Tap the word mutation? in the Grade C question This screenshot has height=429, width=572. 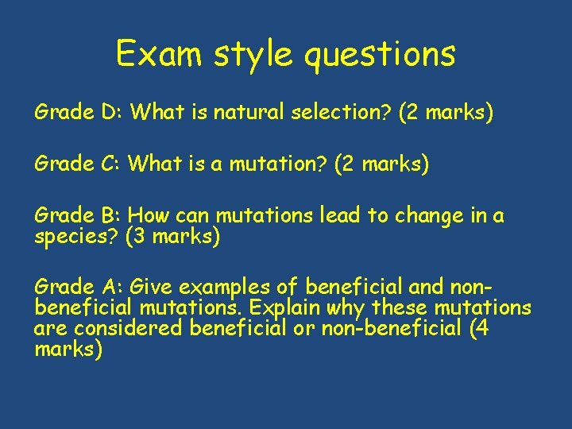point(272,164)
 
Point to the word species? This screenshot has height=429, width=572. point(76,236)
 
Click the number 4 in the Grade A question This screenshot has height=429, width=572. point(475,328)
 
